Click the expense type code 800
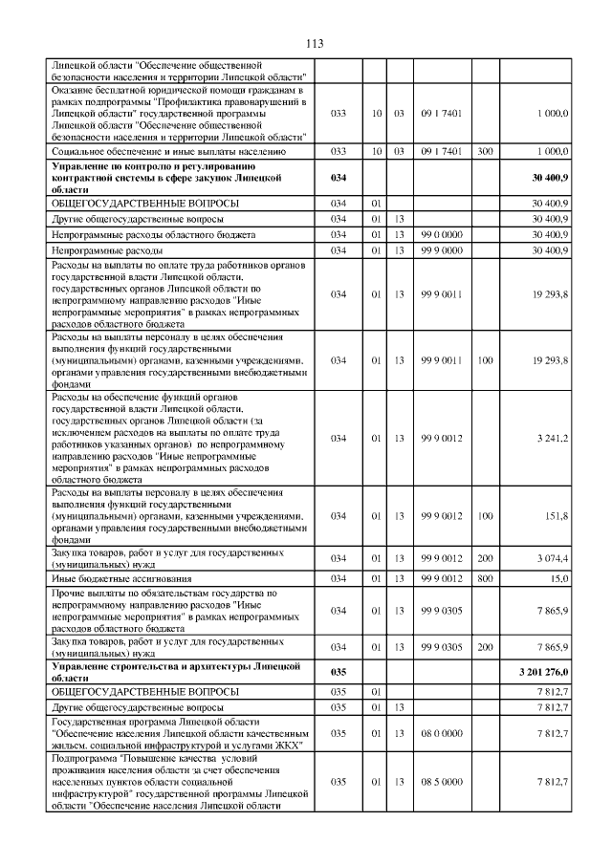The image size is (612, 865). click(485, 578)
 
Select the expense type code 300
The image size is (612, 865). click(485, 151)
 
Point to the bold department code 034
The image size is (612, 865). click(337, 178)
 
